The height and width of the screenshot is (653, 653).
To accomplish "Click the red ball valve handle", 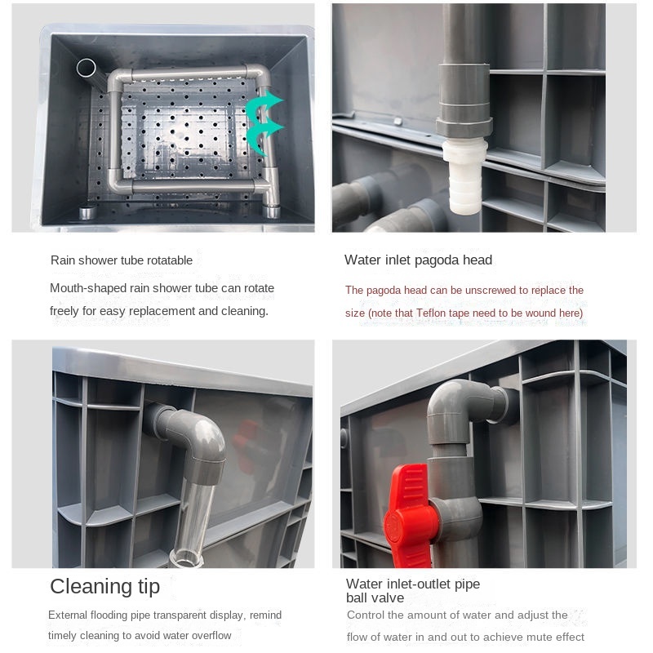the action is click(x=411, y=518).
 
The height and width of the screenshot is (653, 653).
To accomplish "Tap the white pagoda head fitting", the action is click(x=464, y=177).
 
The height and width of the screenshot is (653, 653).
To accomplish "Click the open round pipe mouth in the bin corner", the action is click(x=87, y=68).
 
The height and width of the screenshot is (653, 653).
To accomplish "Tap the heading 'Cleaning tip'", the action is click(x=105, y=586).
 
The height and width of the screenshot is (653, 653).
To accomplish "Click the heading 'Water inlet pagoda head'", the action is click(x=418, y=260).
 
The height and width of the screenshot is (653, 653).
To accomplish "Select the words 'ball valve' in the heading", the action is click(x=375, y=598).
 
